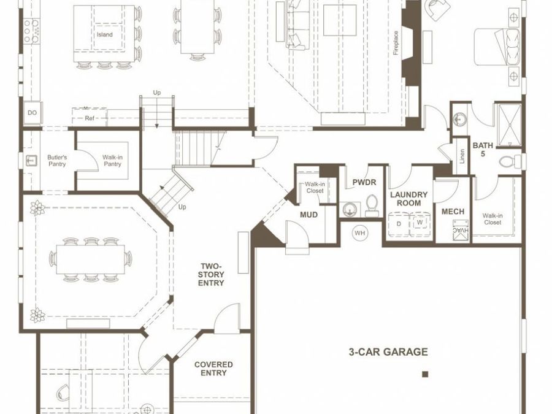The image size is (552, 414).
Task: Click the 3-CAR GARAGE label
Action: pyautogui.click(x=388, y=351)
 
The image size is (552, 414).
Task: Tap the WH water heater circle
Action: pyautogui.click(x=359, y=233)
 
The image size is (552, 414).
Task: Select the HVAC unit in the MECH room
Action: pyautogui.click(x=461, y=230)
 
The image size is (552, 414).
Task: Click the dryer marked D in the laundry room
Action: pyautogui.click(x=399, y=224)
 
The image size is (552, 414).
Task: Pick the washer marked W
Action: pyautogui.click(x=420, y=223)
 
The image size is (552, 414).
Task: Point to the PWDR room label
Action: pyautogui.click(x=364, y=182)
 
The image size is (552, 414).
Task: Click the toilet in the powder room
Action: pyautogui.click(x=371, y=206)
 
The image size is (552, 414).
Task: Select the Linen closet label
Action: pyautogui.click(x=462, y=156)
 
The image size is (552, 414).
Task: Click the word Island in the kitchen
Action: pyautogui.click(x=104, y=34)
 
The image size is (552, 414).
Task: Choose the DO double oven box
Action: pyautogui.click(x=32, y=113)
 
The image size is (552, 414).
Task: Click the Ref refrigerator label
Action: pyautogui.click(x=90, y=118)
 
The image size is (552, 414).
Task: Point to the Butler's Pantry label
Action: pyautogui.click(x=57, y=161)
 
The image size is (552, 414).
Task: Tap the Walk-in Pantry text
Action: pyautogui.click(x=112, y=161)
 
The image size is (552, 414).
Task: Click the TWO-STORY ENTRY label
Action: pyautogui.click(x=211, y=275)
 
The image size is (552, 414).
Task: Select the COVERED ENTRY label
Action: pyautogui.click(x=213, y=369)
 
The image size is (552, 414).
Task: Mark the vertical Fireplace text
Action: pyautogui.click(x=396, y=43)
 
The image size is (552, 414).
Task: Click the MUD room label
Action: pyautogui.click(x=309, y=215)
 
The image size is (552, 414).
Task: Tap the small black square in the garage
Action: pyautogui.click(x=425, y=374)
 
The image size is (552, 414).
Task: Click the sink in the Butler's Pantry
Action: pyautogui.click(x=31, y=161)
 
